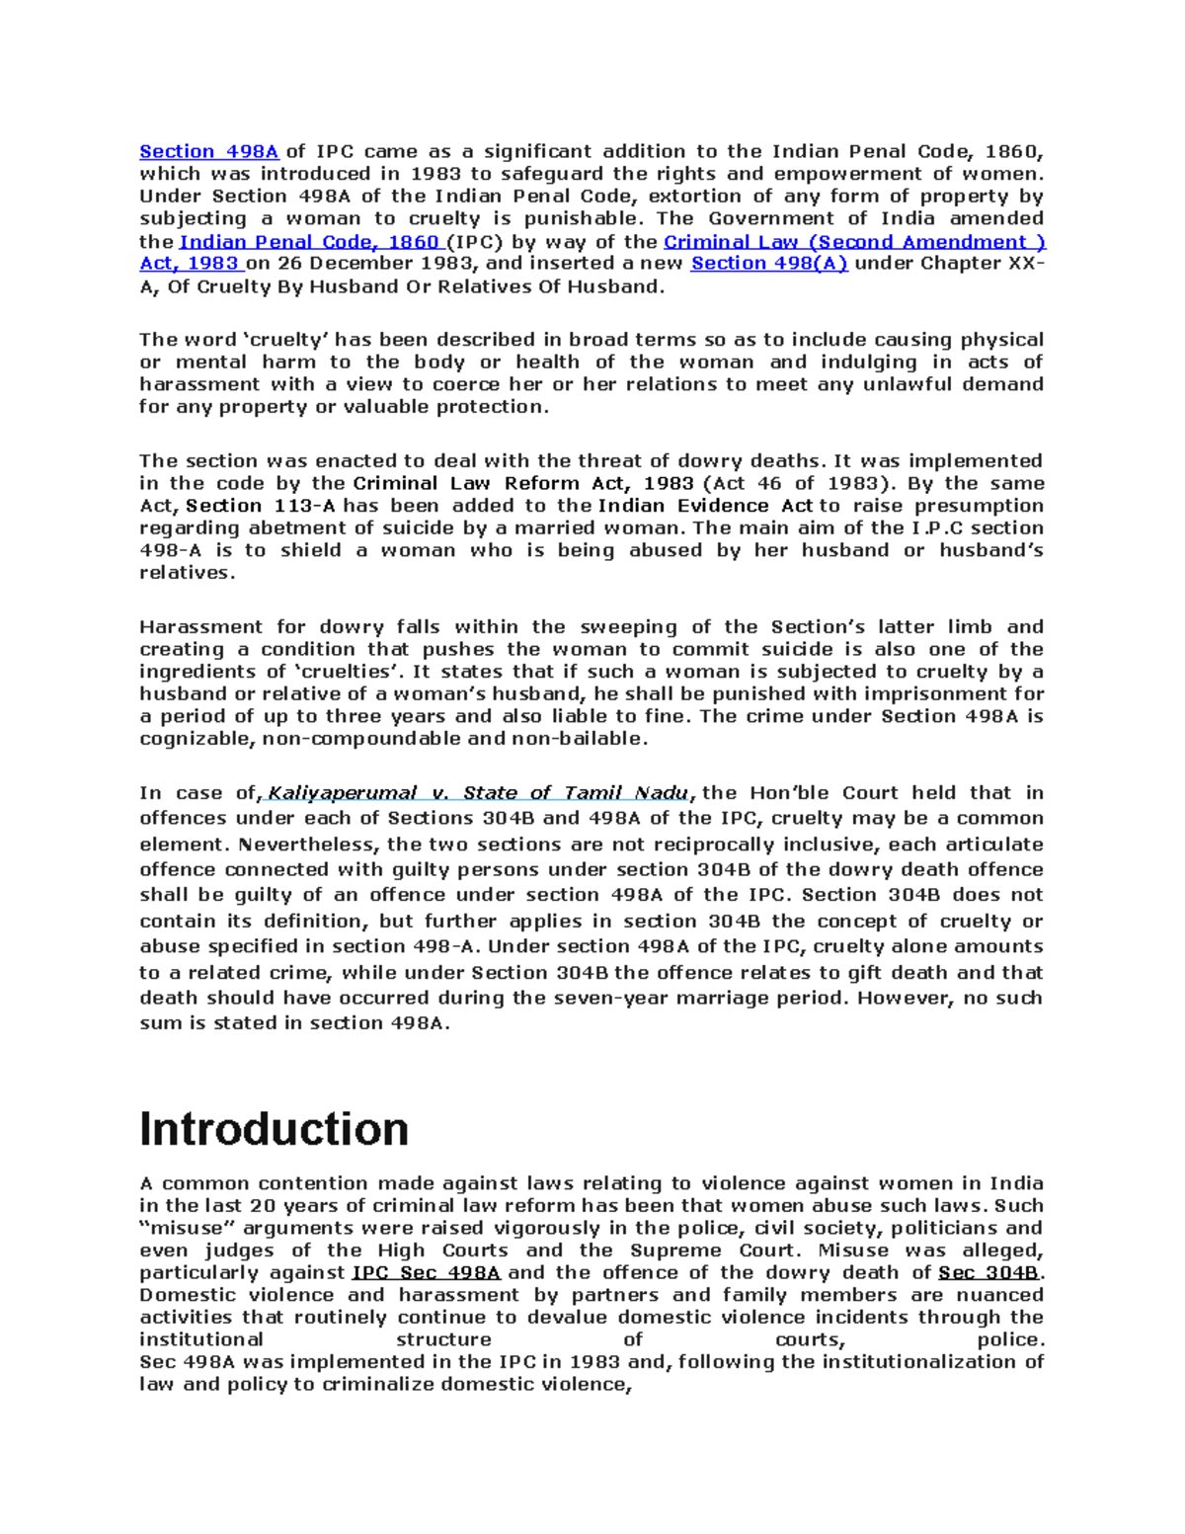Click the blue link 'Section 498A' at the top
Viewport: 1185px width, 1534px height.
208,152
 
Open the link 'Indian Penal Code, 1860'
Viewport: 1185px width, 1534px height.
309,242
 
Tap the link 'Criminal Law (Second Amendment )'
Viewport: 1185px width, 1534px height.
854,242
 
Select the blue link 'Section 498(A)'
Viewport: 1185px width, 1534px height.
768,264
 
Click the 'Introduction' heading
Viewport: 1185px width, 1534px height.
274,1129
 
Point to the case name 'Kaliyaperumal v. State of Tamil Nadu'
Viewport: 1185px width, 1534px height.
478,793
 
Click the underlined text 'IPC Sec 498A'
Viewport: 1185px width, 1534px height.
426,1273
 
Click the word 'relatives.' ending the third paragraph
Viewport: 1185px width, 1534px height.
187,573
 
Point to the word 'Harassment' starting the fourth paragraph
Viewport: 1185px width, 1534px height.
200,627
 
